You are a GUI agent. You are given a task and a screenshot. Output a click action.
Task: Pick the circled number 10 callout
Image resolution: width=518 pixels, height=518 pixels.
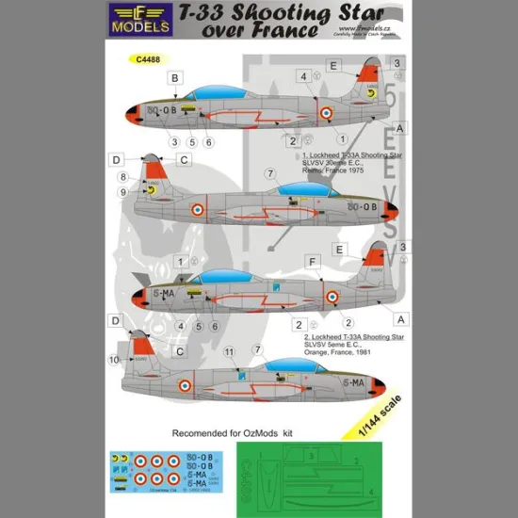pyautogui.click(x=115, y=360)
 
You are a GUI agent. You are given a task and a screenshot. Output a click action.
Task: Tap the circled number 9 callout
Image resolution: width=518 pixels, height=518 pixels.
pyautogui.click(x=122, y=192)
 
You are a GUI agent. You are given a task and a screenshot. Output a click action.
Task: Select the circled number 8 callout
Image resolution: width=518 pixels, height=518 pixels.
pyautogui.click(x=122, y=176)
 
